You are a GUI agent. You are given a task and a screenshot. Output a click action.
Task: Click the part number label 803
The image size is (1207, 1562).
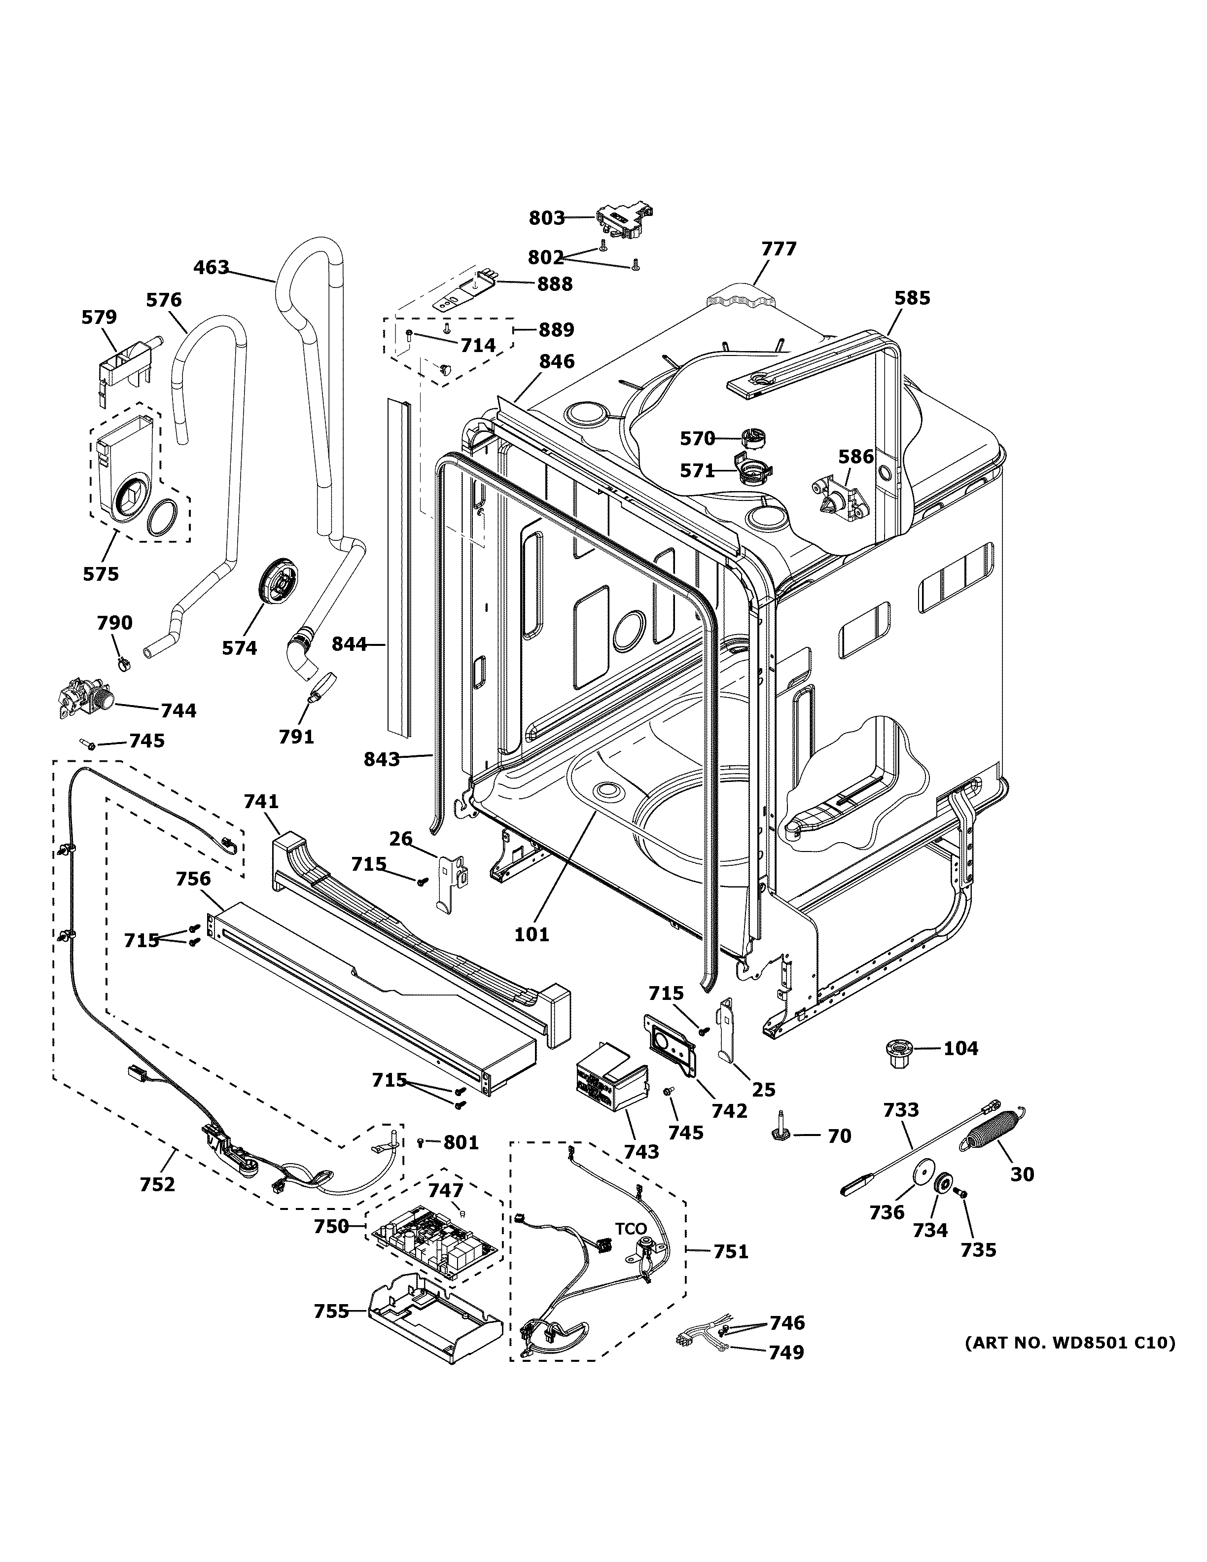tap(546, 217)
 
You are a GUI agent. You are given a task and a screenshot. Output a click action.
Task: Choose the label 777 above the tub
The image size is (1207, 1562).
tap(778, 249)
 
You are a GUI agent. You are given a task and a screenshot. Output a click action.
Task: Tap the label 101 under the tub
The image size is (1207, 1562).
tap(532, 933)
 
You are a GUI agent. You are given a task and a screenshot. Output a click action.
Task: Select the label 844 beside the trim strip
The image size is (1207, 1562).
tap(349, 644)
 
